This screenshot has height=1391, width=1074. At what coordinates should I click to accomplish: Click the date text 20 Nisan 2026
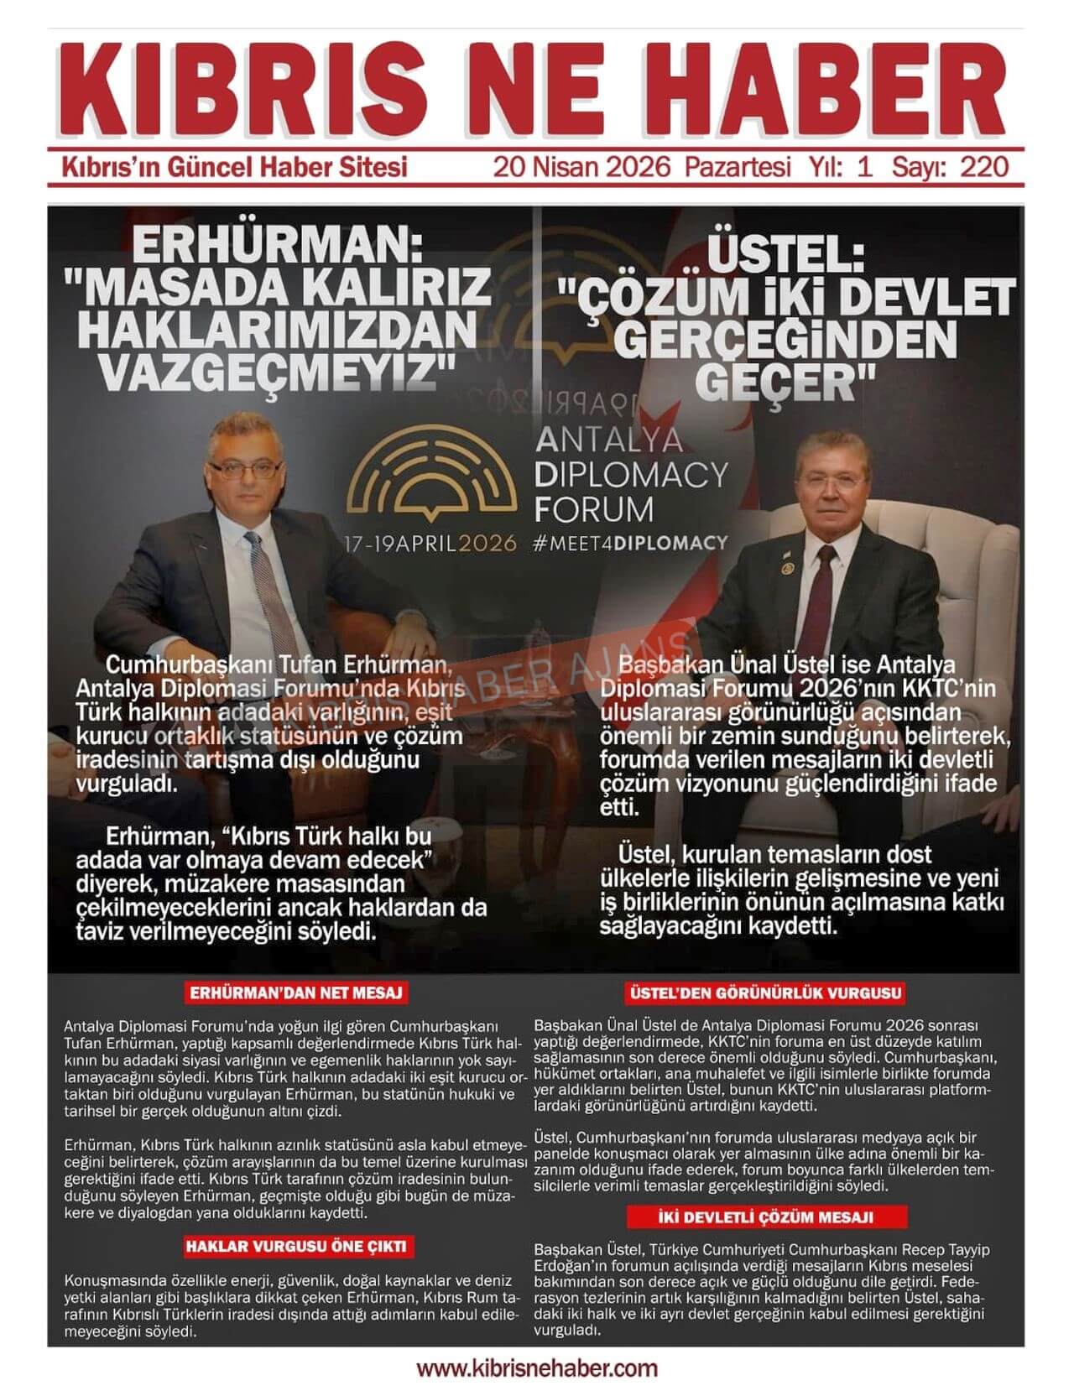581,166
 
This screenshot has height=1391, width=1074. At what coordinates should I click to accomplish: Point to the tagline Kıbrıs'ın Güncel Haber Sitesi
235,166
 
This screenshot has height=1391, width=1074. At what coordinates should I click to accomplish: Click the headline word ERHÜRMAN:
277,248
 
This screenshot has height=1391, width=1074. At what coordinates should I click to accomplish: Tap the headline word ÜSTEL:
785,254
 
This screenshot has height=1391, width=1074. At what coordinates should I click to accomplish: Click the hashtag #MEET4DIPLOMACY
630,543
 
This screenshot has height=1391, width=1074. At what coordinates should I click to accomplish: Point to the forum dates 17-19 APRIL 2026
430,543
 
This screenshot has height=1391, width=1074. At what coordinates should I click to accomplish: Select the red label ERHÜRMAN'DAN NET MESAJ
296,993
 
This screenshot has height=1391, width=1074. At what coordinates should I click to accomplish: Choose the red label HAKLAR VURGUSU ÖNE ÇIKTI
296,1246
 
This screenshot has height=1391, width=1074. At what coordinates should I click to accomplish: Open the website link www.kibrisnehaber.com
537,1368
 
